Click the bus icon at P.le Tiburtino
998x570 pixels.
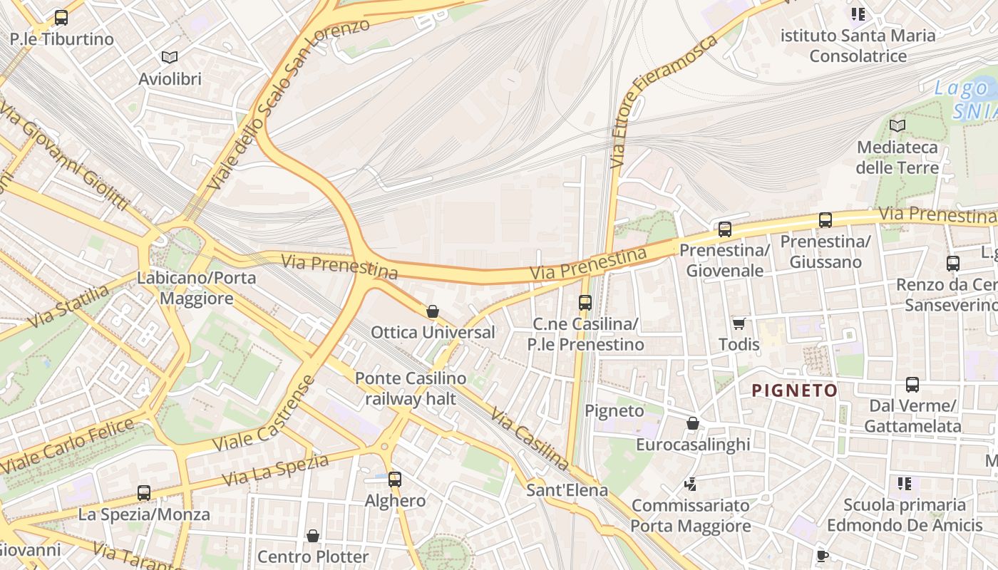61,18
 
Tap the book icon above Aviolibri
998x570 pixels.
170,58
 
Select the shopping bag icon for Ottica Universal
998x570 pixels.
432,311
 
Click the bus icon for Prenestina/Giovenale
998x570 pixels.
725,229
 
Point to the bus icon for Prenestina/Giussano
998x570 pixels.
825,220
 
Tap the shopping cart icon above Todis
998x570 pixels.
739,323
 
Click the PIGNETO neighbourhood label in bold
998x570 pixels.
795,390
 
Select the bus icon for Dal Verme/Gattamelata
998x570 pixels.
912,385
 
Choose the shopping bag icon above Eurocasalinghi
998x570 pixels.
692,423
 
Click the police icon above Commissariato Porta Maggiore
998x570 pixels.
690,484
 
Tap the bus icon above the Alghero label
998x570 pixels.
395,480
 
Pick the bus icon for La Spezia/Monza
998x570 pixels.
144,493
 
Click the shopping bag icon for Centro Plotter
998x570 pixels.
312,535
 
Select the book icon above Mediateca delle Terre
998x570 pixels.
897,126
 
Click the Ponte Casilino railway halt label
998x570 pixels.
411,388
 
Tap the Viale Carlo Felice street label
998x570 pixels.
68,447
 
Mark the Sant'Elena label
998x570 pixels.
567,490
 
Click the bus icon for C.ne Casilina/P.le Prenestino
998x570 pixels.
585,303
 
